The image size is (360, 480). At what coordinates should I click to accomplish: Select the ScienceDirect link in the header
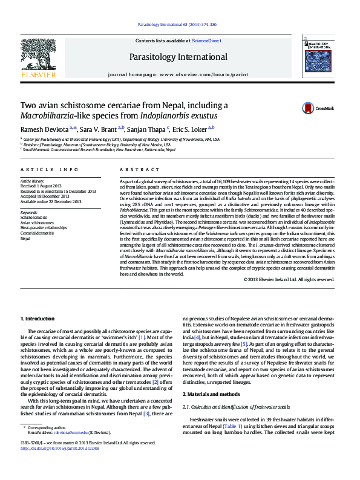coord(206,40)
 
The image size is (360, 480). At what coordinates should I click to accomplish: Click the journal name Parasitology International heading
coord(178,57)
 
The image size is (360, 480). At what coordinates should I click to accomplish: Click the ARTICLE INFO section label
coord(49,170)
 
